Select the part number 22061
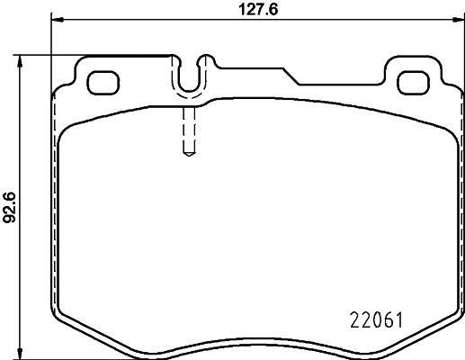[373, 320]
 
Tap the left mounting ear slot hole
[102, 81]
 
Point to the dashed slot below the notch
[189, 130]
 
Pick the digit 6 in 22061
[384, 320]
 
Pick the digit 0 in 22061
[372, 320]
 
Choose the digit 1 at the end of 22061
[397, 320]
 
